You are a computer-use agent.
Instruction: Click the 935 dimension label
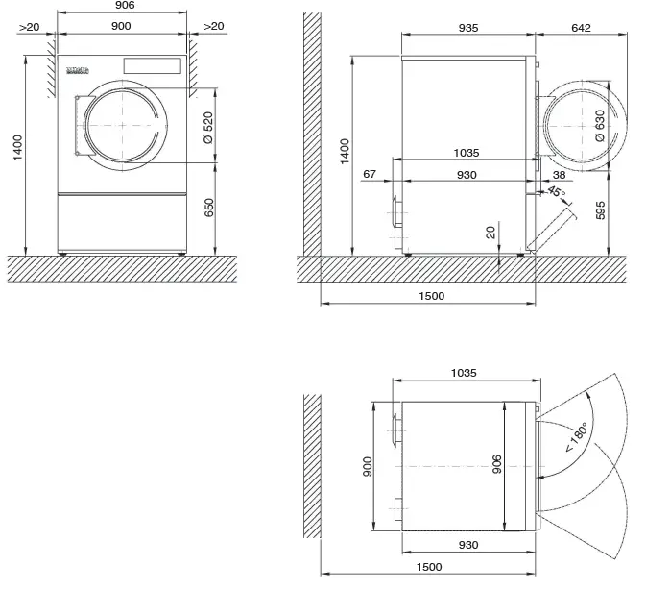pyautogui.click(x=467, y=28)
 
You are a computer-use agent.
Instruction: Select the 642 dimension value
pyautogui.click(x=581, y=28)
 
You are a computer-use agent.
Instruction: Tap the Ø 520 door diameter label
pyautogui.click(x=209, y=125)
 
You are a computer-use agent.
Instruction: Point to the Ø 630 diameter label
pyautogui.click(x=600, y=126)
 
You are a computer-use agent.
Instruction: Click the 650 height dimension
pyautogui.click(x=209, y=207)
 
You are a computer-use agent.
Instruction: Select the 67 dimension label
pyautogui.click(x=371, y=174)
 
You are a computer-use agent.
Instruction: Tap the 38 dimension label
pyautogui.click(x=559, y=174)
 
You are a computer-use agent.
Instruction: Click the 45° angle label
pyautogui.click(x=556, y=192)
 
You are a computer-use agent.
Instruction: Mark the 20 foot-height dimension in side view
pyautogui.click(x=491, y=233)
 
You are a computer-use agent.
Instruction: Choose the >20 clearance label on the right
pyautogui.click(x=213, y=26)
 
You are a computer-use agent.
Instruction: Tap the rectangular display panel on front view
pyautogui.click(x=153, y=66)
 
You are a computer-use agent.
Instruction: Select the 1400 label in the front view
pyautogui.click(x=17, y=149)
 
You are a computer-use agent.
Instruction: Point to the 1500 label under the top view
pyautogui.click(x=430, y=568)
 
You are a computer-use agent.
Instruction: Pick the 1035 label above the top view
pyautogui.click(x=463, y=373)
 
